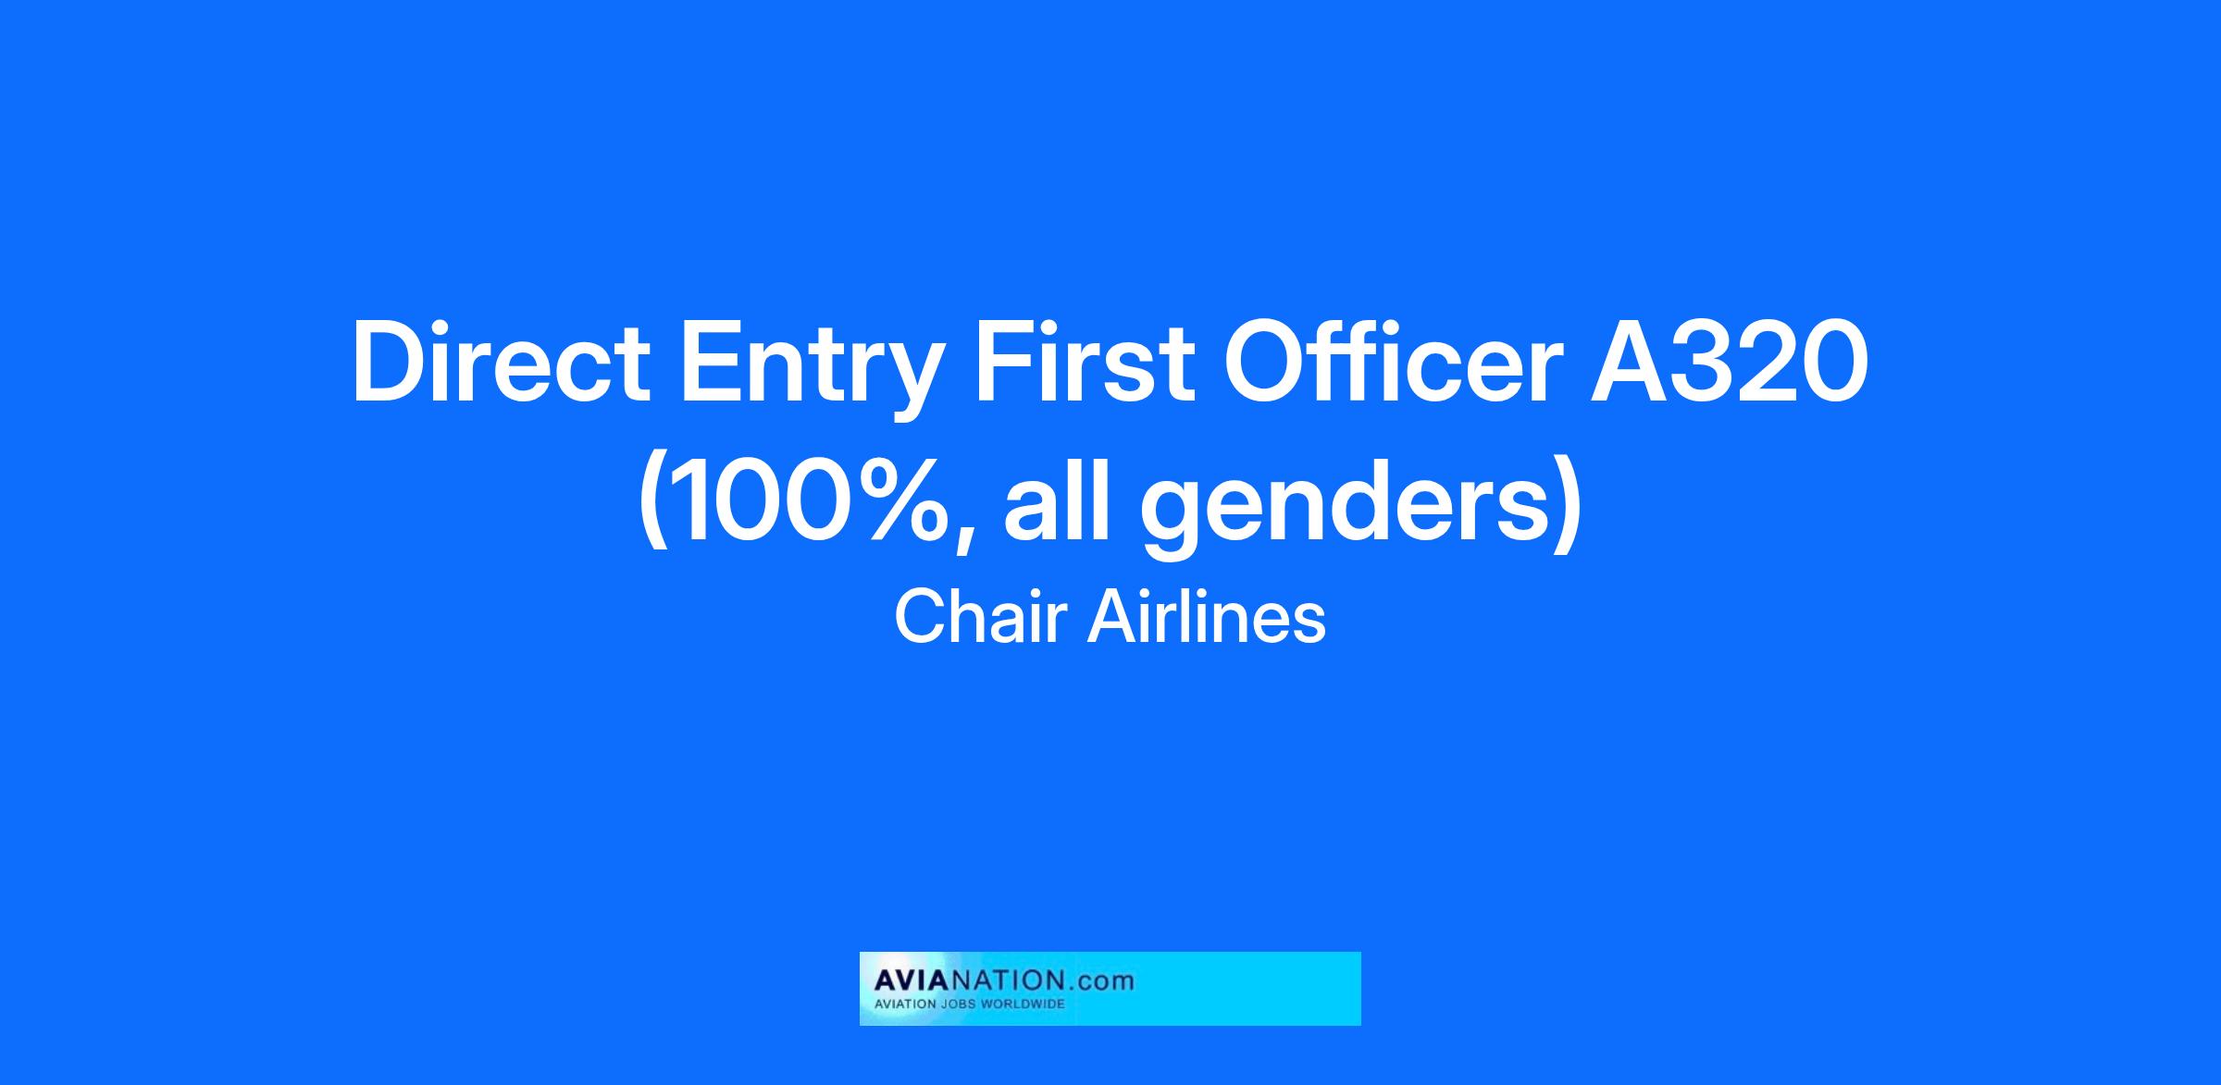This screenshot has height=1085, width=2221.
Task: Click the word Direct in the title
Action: (500, 362)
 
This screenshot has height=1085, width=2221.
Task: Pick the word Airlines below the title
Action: (1207, 617)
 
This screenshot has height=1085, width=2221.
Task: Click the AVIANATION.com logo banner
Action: (1110, 989)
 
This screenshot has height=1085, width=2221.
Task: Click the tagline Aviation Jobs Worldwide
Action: (970, 1004)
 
